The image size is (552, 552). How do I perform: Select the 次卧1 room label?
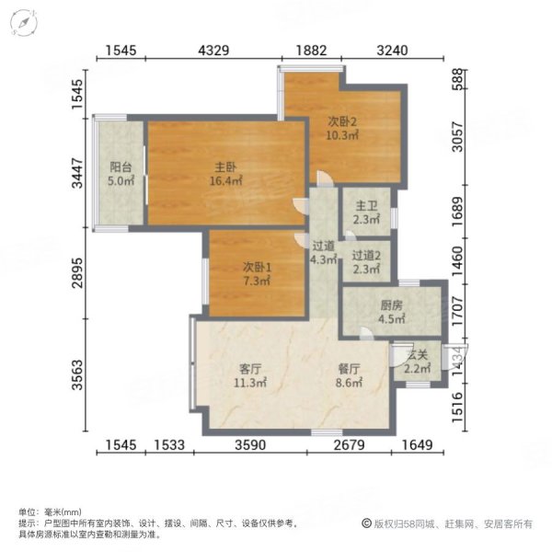pyautogui.click(x=257, y=266)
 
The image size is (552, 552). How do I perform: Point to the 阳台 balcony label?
pyautogui.click(x=121, y=167)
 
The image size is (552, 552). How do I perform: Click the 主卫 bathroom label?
pyautogui.click(x=363, y=206)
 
